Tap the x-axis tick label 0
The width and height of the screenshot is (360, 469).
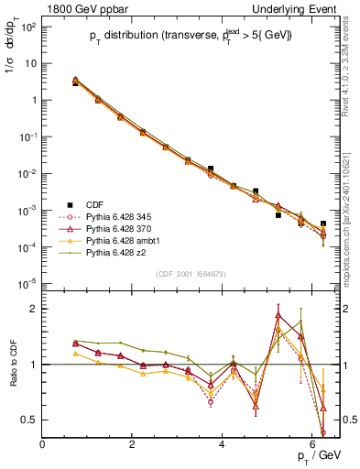42,444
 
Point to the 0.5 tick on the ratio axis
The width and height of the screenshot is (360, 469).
28,420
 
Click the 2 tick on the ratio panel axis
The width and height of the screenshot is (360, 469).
33,309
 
